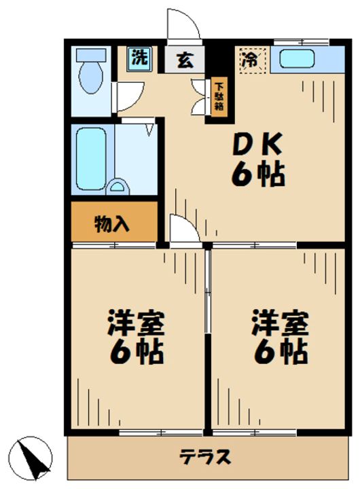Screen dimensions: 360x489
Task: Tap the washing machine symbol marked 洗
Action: [x=139, y=58]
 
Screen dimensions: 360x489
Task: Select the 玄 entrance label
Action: [x=185, y=60]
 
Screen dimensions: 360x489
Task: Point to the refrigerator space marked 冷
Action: [x=253, y=60]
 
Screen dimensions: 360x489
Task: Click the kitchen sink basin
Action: [x=296, y=59]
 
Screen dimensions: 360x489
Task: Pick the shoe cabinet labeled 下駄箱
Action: [x=219, y=96]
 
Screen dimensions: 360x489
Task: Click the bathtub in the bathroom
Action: [x=91, y=158]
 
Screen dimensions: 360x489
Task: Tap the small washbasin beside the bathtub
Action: [x=118, y=187]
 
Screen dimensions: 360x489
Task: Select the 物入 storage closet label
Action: [x=111, y=223]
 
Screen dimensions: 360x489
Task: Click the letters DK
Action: [x=257, y=144]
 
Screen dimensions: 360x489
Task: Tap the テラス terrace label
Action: [x=205, y=457]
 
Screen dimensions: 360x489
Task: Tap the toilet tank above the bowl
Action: [x=91, y=54]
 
